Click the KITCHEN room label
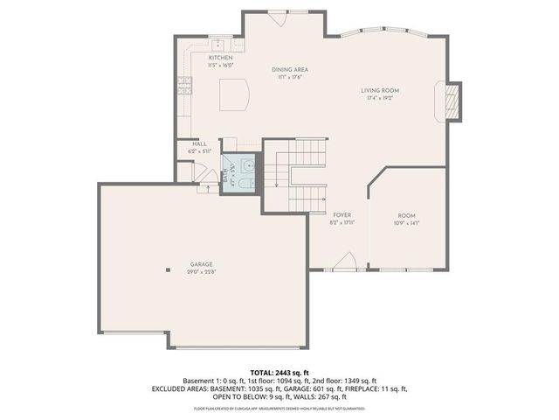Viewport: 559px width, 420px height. click(x=220, y=58)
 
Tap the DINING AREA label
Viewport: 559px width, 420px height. click(x=289, y=70)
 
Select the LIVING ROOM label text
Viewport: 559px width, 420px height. click(x=380, y=90)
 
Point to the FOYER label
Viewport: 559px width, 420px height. click(x=342, y=214)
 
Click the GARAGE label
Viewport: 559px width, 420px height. click(x=202, y=264)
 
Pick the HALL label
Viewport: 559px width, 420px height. click(x=199, y=145)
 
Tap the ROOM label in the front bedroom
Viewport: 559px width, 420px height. click(x=407, y=215)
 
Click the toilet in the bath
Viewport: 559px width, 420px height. click(x=247, y=181)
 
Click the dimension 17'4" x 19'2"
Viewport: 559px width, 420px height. click(x=380, y=98)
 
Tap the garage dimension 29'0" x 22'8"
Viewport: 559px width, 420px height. click(x=202, y=272)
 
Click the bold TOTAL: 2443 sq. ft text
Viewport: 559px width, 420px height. click(x=279, y=372)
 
